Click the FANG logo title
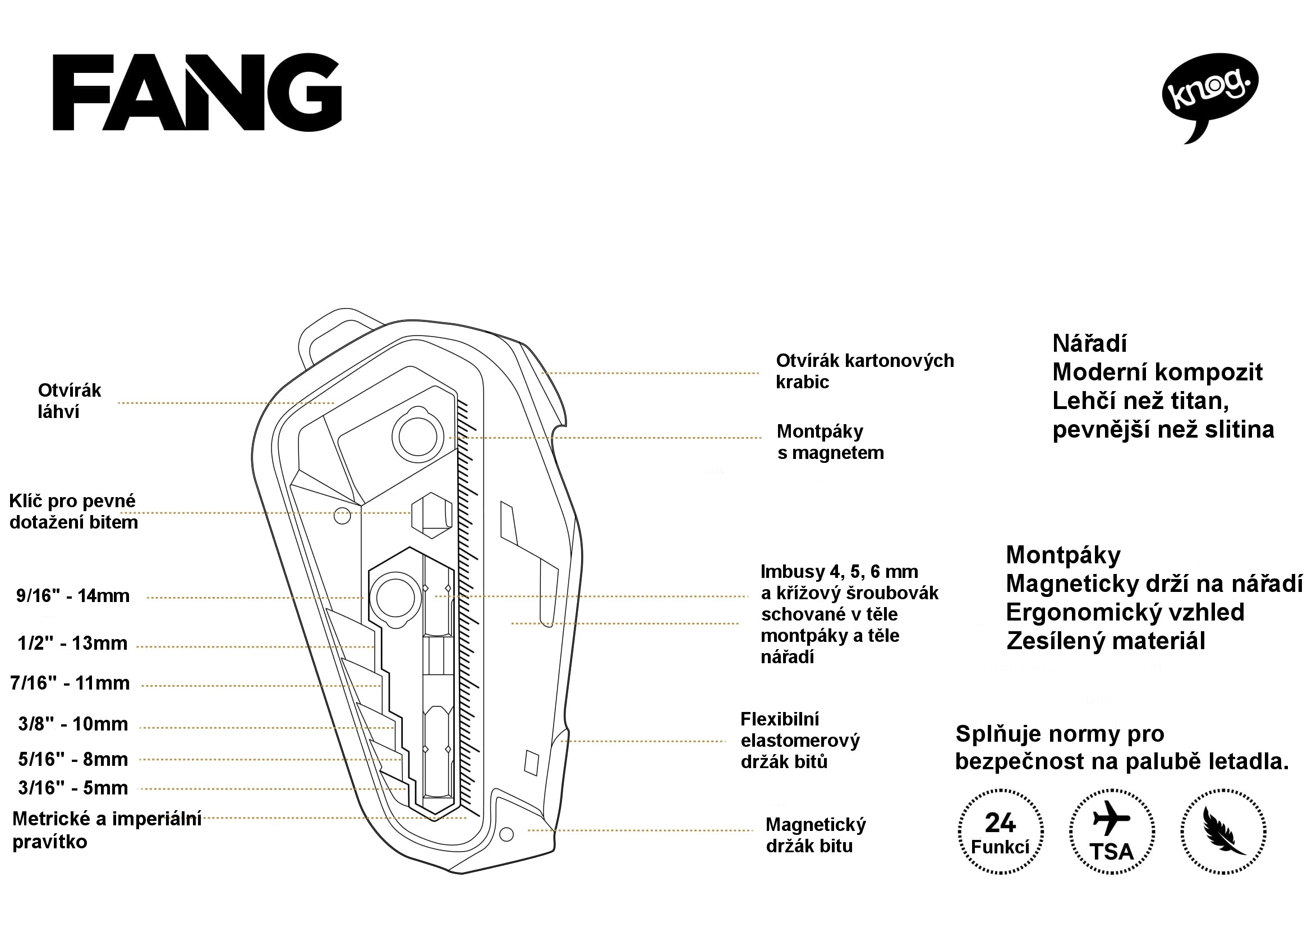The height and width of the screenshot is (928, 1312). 197,93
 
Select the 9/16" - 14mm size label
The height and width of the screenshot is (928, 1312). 73,596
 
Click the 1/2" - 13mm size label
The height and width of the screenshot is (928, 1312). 72,644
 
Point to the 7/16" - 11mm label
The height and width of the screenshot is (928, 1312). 70,683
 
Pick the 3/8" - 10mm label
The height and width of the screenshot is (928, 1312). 73,724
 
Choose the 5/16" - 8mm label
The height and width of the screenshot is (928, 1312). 73,759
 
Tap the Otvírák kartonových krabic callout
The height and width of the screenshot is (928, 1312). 864,371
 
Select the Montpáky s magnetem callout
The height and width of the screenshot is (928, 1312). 830,442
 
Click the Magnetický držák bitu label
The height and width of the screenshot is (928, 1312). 816,835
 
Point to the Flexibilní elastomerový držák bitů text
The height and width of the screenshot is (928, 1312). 800,740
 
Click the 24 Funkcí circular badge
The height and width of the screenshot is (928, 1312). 1001,831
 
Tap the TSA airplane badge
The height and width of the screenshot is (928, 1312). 1111,831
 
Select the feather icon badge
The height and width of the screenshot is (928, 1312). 1223,831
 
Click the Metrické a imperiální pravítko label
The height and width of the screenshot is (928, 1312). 107,830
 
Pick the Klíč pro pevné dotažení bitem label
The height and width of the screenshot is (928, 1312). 73,512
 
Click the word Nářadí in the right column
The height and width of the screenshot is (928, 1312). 1090,343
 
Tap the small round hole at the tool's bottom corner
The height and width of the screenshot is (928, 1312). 507,834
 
